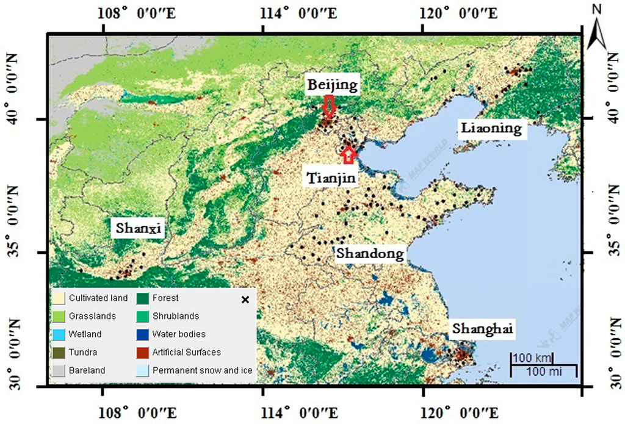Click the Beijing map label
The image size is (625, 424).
333,85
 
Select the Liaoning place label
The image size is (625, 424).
491,128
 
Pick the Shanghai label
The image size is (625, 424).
482,329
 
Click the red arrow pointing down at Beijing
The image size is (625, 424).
329,106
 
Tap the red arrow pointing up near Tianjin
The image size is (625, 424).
349,154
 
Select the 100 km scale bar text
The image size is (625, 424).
532,357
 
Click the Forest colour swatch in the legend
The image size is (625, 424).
143,298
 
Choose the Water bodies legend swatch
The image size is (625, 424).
143,334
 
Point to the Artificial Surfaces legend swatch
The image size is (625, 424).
143,352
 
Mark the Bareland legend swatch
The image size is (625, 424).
60,370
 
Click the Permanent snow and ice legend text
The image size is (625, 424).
202,370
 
